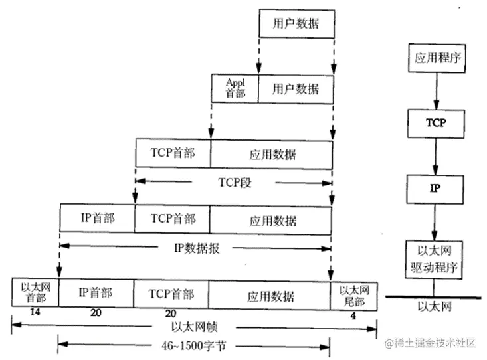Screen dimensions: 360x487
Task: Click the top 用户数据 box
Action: point(296,24)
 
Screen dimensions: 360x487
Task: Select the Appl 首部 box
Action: point(235,88)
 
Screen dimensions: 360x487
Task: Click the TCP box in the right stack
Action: point(434,123)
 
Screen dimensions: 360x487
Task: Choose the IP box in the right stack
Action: point(434,188)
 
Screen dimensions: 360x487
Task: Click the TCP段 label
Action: point(234,181)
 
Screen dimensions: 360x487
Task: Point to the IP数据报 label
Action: point(195,248)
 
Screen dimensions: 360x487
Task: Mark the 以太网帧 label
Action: point(195,327)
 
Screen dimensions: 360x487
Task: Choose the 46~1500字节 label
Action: point(195,345)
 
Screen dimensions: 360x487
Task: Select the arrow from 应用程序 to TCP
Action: point(434,90)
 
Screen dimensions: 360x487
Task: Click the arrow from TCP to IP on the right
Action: point(434,155)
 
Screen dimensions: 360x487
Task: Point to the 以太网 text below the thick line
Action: point(434,307)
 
